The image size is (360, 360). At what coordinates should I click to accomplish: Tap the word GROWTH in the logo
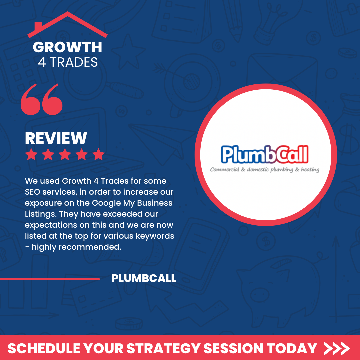pos(67,47)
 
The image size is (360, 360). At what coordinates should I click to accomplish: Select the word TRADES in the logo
pos(74,62)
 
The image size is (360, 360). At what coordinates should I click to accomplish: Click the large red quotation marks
pos(42,99)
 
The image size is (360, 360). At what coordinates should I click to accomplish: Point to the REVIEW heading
pos(56,138)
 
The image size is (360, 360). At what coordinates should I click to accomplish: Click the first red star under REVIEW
pos(31,154)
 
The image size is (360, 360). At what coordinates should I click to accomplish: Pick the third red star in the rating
pos(65,154)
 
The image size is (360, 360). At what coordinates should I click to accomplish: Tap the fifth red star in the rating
pos(98,154)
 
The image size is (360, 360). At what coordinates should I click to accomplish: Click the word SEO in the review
pos(32,192)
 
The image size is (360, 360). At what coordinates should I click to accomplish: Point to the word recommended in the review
pos(90,247)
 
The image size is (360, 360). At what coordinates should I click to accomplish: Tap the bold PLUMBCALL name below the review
pos(144,278)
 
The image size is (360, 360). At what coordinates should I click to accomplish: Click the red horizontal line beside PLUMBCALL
pos(50,279)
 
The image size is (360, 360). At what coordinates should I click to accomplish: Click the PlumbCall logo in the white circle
pos(265,158)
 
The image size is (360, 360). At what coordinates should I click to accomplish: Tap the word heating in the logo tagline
pos(310,169)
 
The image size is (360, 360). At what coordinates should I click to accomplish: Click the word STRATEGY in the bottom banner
pos(164,349)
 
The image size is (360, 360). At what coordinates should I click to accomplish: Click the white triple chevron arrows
pos(337,349)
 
